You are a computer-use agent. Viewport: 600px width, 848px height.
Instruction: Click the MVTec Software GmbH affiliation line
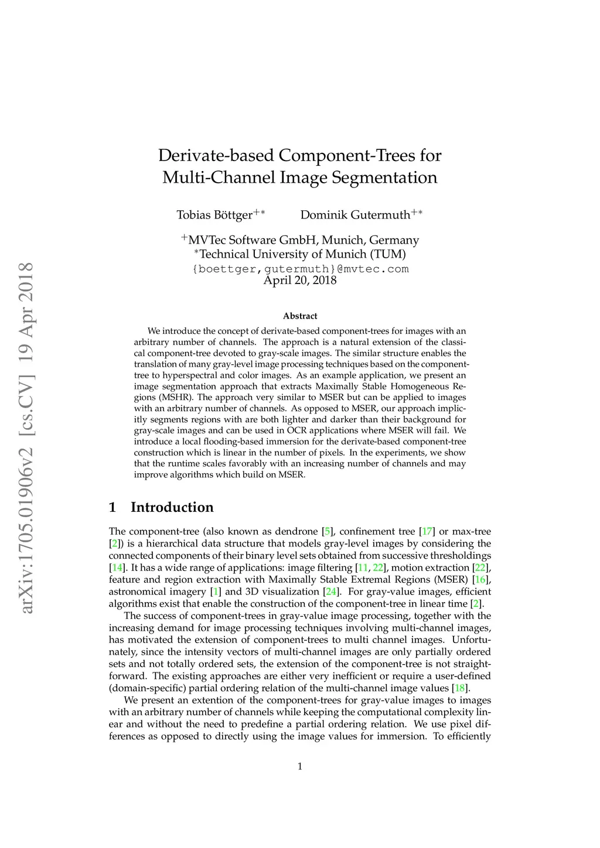[300, 240]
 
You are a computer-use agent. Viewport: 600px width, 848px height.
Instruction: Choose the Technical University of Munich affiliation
[300, 254]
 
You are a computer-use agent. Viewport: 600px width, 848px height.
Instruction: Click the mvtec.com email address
[300, 269]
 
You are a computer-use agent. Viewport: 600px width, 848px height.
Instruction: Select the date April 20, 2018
[300, 280]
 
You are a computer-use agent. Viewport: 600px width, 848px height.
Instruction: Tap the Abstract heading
[300, 316]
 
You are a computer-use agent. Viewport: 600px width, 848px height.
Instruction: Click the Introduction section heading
[172, 507]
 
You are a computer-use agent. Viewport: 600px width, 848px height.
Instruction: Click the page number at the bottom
[300, 767]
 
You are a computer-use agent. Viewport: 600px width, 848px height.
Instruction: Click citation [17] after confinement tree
[427, 532]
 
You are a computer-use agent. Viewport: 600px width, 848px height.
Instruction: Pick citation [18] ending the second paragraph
[461, 688]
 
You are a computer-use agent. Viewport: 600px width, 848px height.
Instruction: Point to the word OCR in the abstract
[297, 430]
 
